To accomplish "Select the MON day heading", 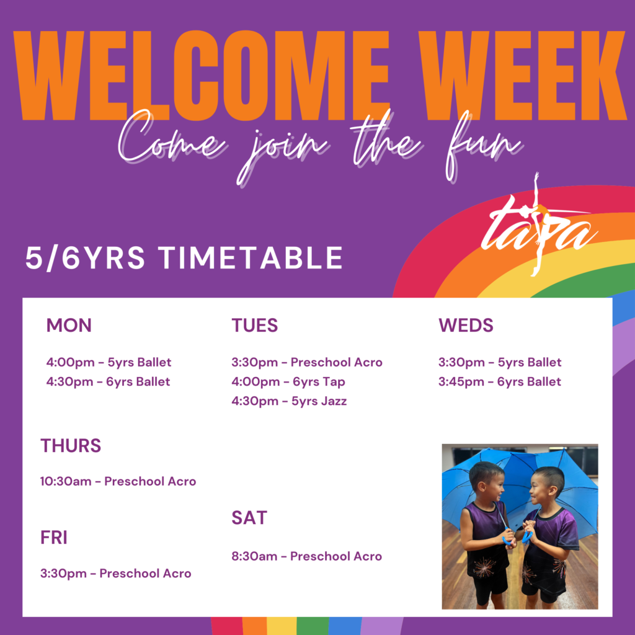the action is [69, 325].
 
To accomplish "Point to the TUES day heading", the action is [255, 325].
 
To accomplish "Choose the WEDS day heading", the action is [466, 325].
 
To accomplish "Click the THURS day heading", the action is [71, 445].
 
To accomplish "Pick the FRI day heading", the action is [53, 538].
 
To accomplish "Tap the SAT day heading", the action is [249, 518].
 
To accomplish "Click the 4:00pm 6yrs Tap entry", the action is [288, 382].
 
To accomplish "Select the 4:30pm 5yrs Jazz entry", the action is [289, 401].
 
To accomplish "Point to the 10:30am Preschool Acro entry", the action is [118, 481].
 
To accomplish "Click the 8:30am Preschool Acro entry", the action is [306, 556].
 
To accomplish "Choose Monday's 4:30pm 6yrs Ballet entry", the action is [108, 382].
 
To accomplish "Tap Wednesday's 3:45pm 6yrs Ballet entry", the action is [500, 382].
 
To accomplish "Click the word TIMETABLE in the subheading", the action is [251, 258].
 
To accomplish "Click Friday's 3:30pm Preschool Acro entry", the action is [115, 574].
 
